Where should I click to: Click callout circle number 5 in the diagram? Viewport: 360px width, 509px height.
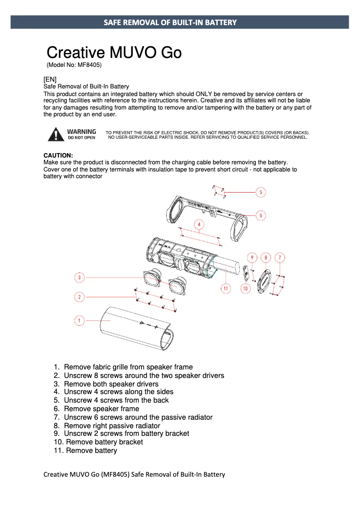(261, 192)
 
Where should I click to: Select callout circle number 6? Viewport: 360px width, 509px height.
(261, 215)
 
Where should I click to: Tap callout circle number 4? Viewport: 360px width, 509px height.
(199, 224)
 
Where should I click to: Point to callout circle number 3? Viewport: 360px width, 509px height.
(79, 277)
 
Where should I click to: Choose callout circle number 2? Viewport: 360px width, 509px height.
(79, 297)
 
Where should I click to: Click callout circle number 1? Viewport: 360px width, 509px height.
(79, 320)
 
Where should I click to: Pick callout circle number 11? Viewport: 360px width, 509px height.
(225, 288)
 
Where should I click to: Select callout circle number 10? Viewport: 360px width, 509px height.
(245, 288)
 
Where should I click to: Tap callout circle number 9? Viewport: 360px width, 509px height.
(252, 257)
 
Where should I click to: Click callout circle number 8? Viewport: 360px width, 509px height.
(266, 257)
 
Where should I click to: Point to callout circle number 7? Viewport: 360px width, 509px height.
(280, 257)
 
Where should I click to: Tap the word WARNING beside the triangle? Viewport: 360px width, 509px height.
(81, 132)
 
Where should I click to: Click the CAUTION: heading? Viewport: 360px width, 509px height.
(58, 155)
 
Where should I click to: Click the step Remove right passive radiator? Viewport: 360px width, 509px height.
(112, 426)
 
